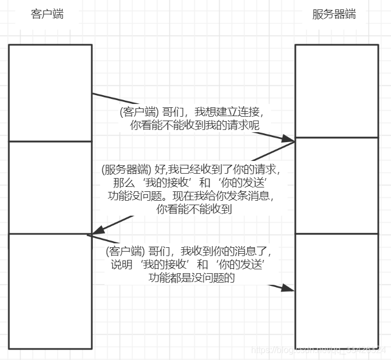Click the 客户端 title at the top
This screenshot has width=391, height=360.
click(47, 14)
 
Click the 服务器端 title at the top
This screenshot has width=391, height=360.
click(334, 14)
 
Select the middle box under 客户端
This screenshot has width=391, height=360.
click(50, 187)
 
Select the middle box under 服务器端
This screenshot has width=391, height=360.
click(336, 185)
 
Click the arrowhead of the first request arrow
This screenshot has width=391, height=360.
click(289, 139)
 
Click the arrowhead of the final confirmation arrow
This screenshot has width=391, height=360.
click(288, 288)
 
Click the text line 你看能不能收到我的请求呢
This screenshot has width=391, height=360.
click(195, 126)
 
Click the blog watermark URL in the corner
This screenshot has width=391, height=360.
click(319, 350)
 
